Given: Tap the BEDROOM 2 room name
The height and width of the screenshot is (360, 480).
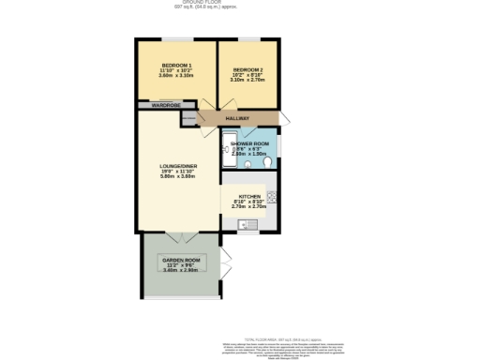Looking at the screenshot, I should point(247,70).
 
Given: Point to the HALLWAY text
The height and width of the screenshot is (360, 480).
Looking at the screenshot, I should point(238,119).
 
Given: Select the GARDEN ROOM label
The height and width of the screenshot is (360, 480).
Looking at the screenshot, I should point(181,260).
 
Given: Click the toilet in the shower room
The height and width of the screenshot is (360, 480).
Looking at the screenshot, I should point(268,162).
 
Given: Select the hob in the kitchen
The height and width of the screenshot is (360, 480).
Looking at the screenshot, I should point(272,197).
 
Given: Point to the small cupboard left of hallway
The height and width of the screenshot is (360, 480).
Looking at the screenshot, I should point(188,119).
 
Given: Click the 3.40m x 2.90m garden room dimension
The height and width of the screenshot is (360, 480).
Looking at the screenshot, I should point(181,271).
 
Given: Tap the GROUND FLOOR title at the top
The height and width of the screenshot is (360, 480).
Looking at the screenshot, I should point(240,3).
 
